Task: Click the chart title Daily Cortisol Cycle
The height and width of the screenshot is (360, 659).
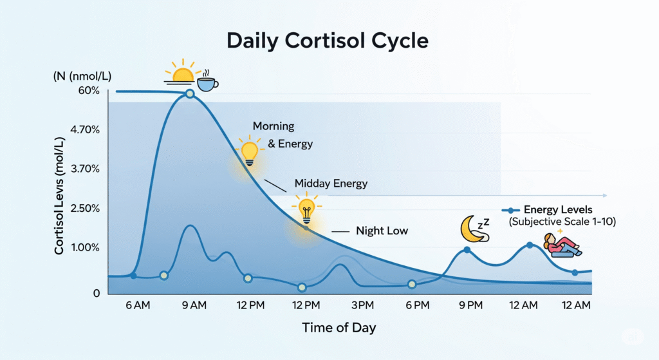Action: (328, 41)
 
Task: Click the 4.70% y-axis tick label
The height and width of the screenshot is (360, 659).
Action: (86, 129)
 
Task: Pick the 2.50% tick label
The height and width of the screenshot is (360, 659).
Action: (86, 209)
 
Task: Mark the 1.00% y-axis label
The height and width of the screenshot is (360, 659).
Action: (86, 248)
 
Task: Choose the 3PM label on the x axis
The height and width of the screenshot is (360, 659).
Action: (362, 305)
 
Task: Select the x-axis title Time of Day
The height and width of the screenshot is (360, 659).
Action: (339, 328)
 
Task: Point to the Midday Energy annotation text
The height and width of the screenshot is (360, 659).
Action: (331, 184)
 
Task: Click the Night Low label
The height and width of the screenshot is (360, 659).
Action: (382, 231)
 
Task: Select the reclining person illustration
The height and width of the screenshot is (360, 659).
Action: (561, 246)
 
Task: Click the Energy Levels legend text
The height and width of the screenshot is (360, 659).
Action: (557, 209)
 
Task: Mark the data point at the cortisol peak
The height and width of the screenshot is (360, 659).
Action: (190, 94)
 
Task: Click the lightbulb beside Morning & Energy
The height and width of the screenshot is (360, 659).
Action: (249, 151)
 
